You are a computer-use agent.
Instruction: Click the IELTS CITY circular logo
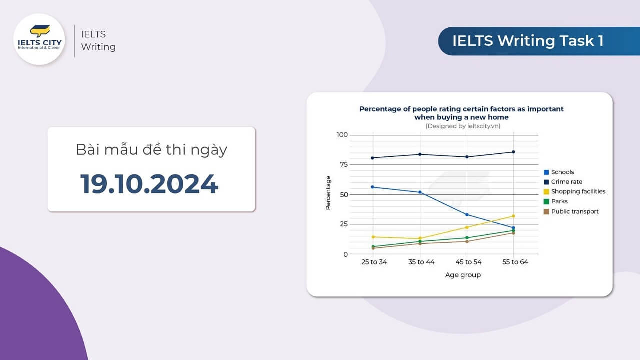click(x=39, y=39)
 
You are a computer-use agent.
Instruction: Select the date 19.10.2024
click(x=149, y=184)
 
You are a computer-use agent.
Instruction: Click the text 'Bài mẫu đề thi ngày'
click(x=151, y=149)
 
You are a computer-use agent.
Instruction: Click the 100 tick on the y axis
click(x=342, y=135)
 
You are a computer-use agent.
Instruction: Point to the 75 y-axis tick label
click(x=343, y=165)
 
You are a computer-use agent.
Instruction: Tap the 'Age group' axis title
click(x=463, y=275)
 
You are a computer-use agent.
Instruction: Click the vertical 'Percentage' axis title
click(x=328, y=193)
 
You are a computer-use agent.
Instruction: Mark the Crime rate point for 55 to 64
click(x=513, y=152)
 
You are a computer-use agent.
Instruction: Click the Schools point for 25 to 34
click(x=373, y=187)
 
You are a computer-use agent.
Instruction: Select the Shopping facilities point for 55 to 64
click(x=513, y=216)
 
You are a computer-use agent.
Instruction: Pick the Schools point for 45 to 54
click(x=467, y=215)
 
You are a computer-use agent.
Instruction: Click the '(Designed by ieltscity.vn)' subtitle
click(x=463, y=126)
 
